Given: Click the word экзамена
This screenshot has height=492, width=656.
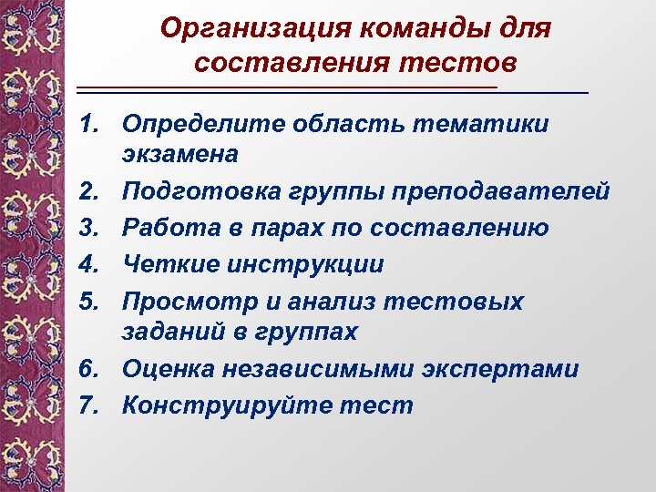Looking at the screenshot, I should [x=180, y=154].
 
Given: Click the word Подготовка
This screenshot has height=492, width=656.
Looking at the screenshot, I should [x=193, y=191].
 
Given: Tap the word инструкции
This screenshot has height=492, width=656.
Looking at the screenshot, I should [x=302, y=264].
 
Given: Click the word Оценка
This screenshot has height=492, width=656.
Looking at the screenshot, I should [x=165, y=369].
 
